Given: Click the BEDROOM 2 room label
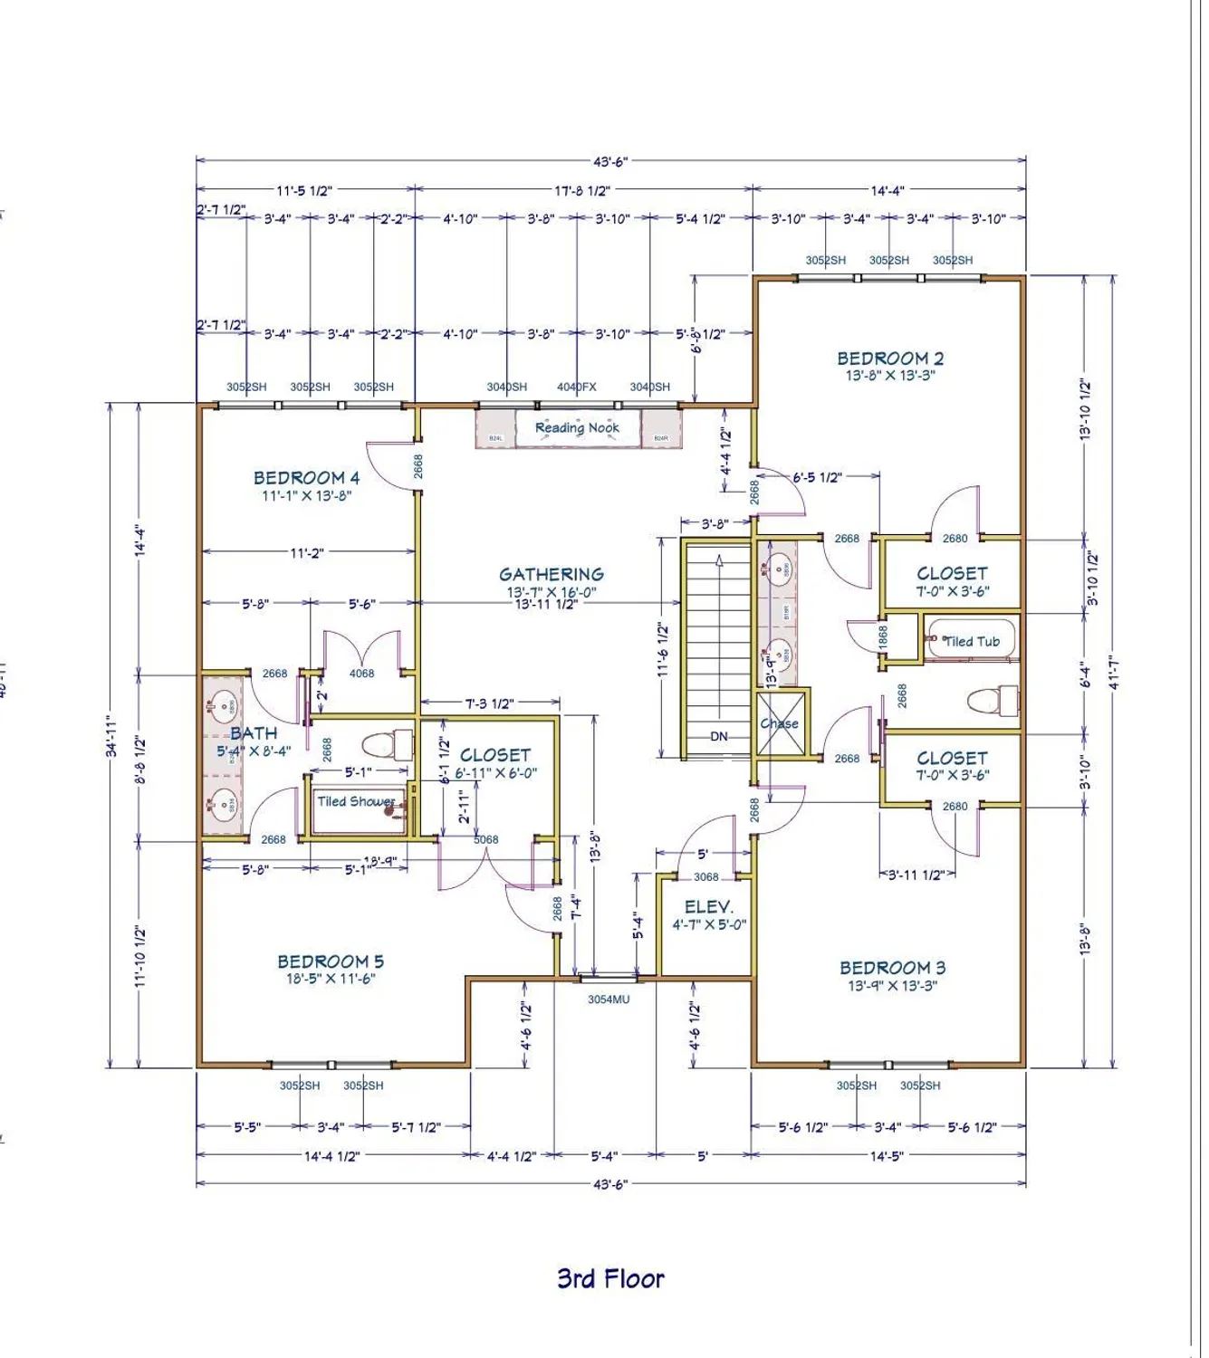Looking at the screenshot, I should [x=889, y=359].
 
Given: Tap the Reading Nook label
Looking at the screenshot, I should [x=577, y=427].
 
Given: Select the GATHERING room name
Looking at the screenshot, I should [x=551, y=574].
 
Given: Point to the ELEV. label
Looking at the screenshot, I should [x=708, y=906].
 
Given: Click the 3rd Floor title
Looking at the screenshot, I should [x=610, y=1278].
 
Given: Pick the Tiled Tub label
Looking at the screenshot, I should [x=972, y=641].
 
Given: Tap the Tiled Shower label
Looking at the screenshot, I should [x=356, y=801].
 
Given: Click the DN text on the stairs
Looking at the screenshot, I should [x=718, y=736].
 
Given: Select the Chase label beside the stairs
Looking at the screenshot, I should [x=779, y=723].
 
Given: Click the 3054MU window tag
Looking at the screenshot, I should [x=609, y=999].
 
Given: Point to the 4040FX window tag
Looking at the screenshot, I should [x=577, y=387].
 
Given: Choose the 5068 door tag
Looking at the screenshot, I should [x=486, y=839].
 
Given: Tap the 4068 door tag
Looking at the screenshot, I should [x=361, y=673].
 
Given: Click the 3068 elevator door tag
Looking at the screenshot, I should [x=706, y=876].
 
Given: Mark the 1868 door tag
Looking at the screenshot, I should [x=884, y=636].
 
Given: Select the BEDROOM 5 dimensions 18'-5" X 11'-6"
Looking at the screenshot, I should [x=331, y=979].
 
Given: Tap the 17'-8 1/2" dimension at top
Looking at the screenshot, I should [x=582, y=190].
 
